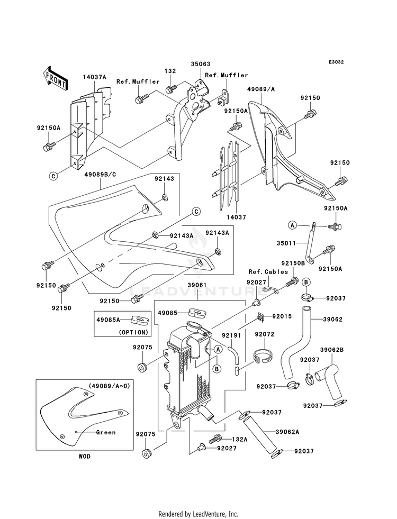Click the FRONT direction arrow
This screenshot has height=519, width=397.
[x=55, y=78]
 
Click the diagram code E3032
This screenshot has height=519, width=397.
[x=336, y=62]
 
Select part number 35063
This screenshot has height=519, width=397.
[x=200, y=64]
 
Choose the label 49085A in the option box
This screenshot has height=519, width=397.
[x=108, y=320]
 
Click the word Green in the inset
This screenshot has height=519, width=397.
[x=106, y=432]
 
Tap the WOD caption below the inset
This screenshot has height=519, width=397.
[x=85, y=457]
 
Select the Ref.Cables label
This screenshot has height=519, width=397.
[x=268, y=272]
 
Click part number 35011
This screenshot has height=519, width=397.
[x=286, y=243]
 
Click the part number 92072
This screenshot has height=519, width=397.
[x=265, y=334]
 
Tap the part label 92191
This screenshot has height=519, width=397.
[x=231, y=335]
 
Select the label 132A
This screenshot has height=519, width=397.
[x=239, y=439]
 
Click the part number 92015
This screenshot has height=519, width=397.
[x=282, y=316]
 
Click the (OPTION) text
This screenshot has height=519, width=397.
[x=133, y=332]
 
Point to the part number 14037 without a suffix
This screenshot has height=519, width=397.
[x=237, y=217]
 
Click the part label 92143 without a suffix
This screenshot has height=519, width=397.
[x=164, y=179]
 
